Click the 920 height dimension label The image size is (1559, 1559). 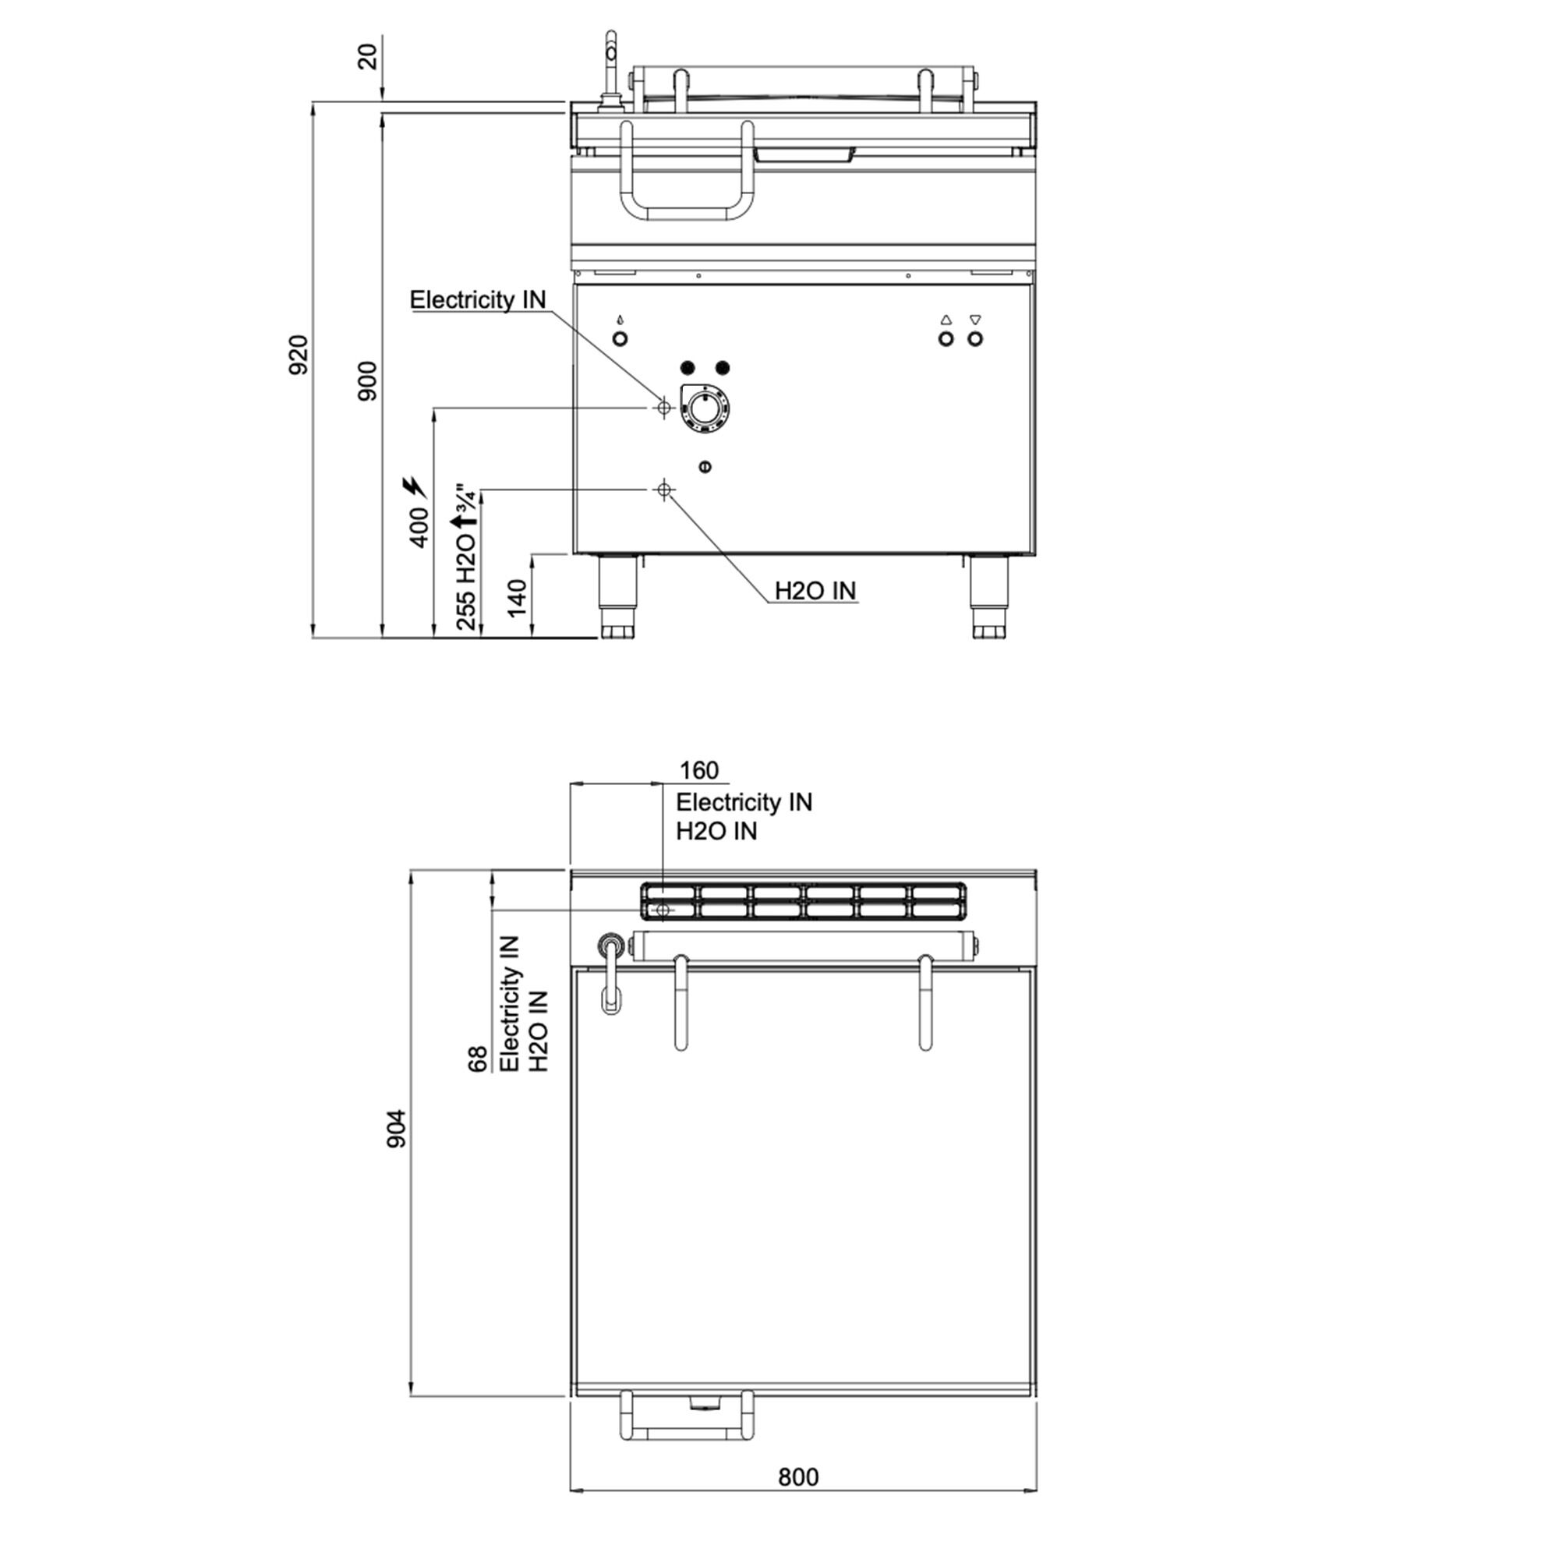[x=299, y=354]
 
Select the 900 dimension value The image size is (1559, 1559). [x=367, y=382]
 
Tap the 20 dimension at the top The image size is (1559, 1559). [x=367, y=57]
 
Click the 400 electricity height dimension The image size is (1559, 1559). [x=419, y=528]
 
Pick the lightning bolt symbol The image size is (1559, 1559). [x=415, y=486]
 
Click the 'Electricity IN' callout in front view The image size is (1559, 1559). [x=478, y=300]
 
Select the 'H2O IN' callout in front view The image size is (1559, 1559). [x=815, y=591]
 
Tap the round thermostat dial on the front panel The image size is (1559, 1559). [x=705, y=411]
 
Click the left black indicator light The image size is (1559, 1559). [x=688, y=368]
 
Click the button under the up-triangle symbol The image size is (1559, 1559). [x=946, y=339]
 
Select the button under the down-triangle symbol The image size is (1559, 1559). [x=976, y=339]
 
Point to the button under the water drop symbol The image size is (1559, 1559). [x=620, y=339]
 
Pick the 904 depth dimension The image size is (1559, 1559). [x=397, y=1129]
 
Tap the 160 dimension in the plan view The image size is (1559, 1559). [x=698, y=771]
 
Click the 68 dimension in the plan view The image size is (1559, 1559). [x=479, y=1059]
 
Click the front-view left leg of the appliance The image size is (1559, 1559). [x=618, y=597]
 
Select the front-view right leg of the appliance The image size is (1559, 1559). [x=988, y=597]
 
